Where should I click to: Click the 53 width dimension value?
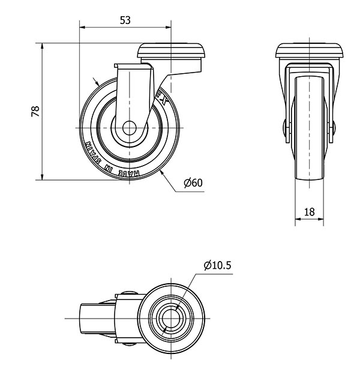pos(125,20)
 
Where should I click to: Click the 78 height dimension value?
pos(35,112)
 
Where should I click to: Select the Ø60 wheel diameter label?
pos(193,183)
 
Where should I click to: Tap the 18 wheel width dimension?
pos(310,212)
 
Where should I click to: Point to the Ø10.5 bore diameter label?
pos(217,265)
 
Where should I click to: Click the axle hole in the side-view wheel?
pos(130,128)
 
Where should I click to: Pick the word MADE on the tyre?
pos(129,173)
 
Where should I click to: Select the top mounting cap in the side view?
pos(171,50)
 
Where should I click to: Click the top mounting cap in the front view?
pos(310,50)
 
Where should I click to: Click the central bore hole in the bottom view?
pos(171,319)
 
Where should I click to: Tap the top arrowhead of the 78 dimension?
pos(42,46)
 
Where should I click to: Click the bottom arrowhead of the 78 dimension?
pos(42,177)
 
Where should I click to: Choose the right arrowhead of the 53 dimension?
pos(168,27)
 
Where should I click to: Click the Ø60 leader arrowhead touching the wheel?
pos(162,173)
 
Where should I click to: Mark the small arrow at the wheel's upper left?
pos(96,81)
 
